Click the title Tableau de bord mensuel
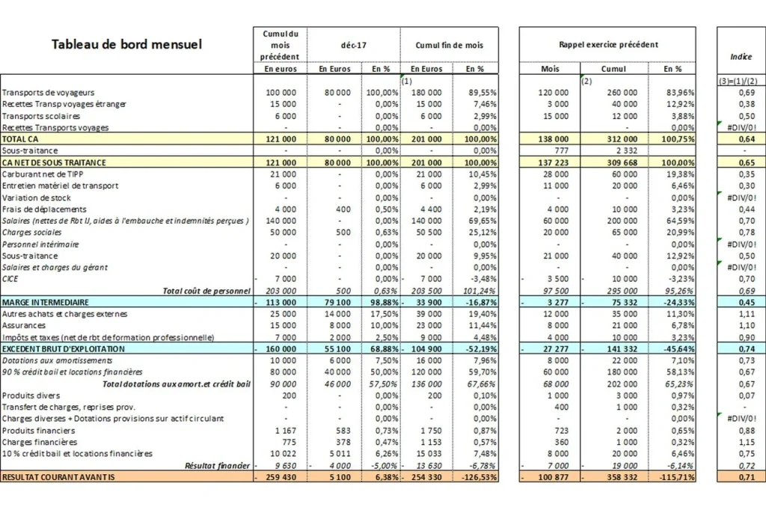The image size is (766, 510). (x=126, y=44)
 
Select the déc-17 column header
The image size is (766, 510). (x=353, y=45)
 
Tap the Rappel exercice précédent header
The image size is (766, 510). (x=608, y=44)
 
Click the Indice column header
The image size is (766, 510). (x=741, y=57)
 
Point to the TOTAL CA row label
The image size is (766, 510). (x=20, y=139)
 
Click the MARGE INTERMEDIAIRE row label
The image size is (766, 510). (x=46, y=302)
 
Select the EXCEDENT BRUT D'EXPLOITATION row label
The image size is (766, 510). (x=64, y=348)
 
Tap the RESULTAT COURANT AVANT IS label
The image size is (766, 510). (x=58, y=477)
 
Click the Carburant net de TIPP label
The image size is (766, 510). (x=43, y=174)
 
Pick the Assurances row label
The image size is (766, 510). (x=23, y=325)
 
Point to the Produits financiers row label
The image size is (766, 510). (x=39, y=431)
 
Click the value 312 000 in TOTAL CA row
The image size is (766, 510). (x=622, y=139)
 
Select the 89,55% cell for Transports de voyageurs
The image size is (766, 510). (x=481, y=92)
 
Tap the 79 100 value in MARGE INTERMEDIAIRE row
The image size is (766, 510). (x=337, y=302)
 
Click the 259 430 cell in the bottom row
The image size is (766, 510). (x=281, y=477)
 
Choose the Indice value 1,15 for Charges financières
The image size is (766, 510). (x=747, y=442)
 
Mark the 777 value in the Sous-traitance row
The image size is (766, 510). (x=561, y=150)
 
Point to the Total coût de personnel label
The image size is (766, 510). (x=206, y=291)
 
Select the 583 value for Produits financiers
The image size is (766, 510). (x=343, y=431)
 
